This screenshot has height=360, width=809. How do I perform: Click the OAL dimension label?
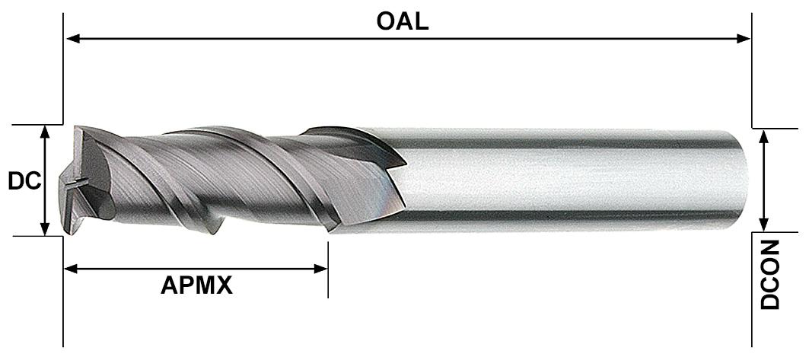(x=403, y=21)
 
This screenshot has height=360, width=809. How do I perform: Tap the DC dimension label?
(x=24, y=181)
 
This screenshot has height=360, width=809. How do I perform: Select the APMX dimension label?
(x=196, y=286)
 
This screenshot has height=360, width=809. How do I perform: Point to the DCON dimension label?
(x=772, y=276)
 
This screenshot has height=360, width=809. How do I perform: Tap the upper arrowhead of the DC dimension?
(x=46, y=132)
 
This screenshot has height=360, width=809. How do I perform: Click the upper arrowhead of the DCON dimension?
(x=764, y=135)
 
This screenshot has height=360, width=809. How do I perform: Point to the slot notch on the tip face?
(x=76, y=185)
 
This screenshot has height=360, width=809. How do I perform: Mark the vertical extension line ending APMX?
(x=328, y=270)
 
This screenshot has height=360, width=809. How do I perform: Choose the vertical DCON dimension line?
(x=764, y=180)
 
